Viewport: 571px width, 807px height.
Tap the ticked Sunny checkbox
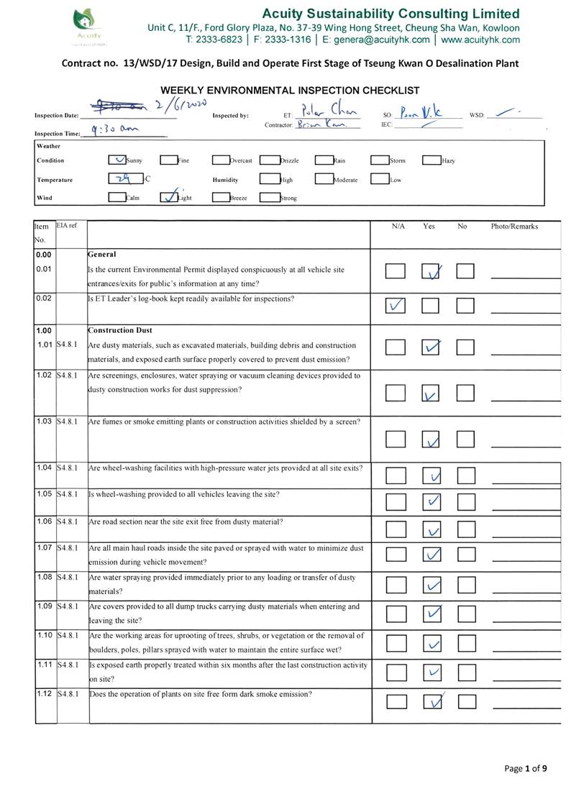(117, 160)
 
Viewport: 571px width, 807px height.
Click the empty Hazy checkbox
(431, 160)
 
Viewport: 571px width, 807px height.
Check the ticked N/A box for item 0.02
(395, 306)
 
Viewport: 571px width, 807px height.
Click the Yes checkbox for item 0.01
(431, 271)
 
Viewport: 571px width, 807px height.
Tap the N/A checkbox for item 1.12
(395, 702)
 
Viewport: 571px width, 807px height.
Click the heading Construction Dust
(120, 330)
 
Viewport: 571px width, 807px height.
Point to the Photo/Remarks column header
(514, 227)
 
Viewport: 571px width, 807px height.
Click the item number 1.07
(45, 548)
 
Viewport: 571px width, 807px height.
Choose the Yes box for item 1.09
(431, 614)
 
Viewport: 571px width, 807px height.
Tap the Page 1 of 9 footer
(526, 768)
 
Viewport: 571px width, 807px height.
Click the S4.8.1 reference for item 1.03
(68, 421)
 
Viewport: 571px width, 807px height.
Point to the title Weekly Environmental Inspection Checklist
(290, 90)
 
